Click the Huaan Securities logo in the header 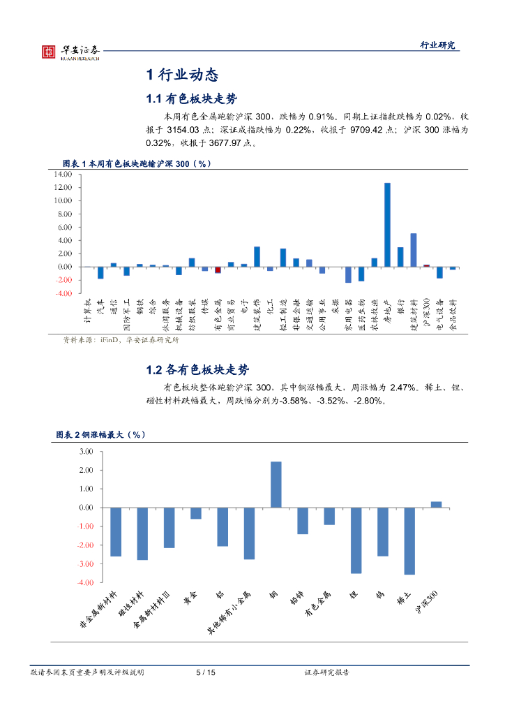click(x=70, y=52)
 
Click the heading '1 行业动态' click(x=182, y=75)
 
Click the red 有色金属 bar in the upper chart click(x=218, y=270)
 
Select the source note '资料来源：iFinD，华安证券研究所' click(x=121, y=341)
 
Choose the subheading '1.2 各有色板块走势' click(x=196, y=370)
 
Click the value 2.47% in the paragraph click(x=402, y=387)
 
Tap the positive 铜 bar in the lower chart click(x=276, y=485)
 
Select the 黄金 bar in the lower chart click(x=196, y=513)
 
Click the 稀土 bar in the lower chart click(x=409, y=541)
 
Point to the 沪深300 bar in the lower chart click(x=436, y=504)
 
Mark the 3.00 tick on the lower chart click(x=86, y=452)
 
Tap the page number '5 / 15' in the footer click(x=206, y=672)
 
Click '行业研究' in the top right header click(x=437, y=45)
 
